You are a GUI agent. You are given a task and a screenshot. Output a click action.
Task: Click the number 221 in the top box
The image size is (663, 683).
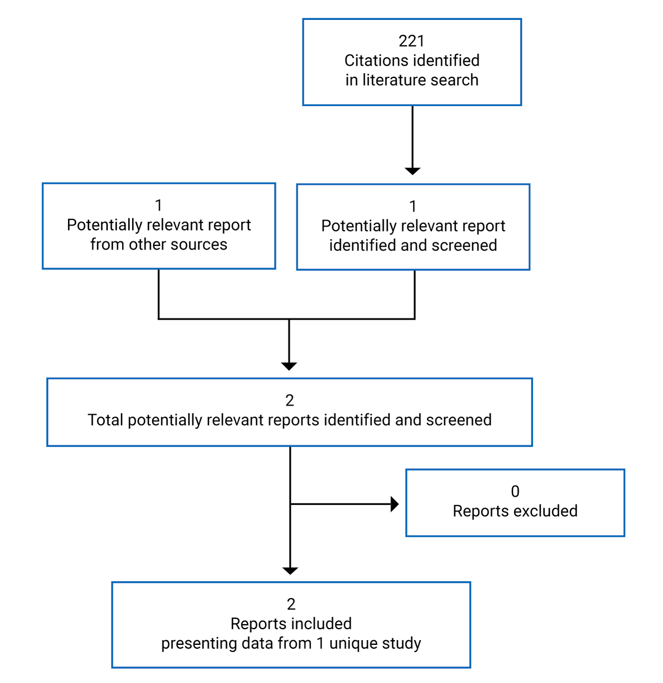[x=411, y=41]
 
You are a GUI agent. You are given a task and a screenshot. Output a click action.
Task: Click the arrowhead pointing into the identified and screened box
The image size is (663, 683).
[x=412, y=171]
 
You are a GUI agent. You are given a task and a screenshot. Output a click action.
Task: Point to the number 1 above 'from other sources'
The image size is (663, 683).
[x=159, y=205]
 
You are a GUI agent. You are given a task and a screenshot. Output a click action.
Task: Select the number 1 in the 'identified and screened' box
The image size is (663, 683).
[x=413, y=206]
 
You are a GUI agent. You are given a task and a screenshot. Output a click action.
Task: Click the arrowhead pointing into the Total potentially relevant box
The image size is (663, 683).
[x=289, y=366]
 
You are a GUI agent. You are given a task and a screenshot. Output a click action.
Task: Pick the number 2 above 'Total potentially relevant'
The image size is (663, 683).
[x=289, y=400]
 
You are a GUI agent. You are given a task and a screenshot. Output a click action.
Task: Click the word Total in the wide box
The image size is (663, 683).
[x=105, y=420]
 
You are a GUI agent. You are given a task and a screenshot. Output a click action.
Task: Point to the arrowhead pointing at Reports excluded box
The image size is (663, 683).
[x=394, y=504]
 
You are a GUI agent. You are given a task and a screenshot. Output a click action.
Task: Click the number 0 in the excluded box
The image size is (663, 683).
[x=515, y=491]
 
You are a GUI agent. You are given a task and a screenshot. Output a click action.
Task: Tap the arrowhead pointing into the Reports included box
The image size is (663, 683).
[x=290, y=570]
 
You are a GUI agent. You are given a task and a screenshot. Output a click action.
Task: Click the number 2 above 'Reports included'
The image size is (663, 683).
[x=291, y=604]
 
